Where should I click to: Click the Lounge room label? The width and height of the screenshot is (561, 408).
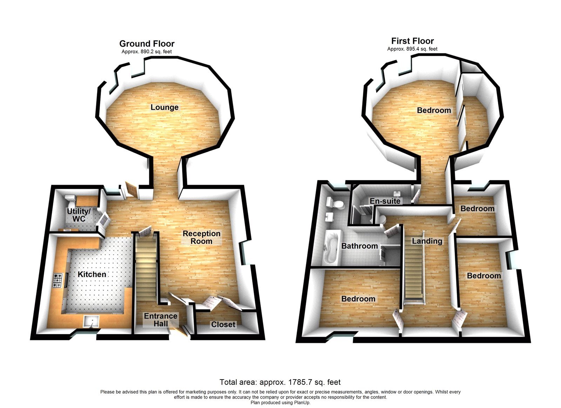pos(164,107)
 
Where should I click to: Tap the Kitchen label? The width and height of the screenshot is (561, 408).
pos(92,274)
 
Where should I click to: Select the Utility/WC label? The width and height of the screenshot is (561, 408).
pos(79,215)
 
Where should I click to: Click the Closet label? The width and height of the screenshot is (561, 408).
pos(223,324)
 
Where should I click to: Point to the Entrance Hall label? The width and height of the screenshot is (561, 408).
pos(161,320)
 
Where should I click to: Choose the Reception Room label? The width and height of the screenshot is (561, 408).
pos(202,238)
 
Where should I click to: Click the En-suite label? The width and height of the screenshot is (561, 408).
pos(385,201)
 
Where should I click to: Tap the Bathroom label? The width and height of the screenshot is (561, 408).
pos(360,246)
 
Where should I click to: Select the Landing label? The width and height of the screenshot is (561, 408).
pos(427,241)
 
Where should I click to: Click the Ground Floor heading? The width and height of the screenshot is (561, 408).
pos(147,44)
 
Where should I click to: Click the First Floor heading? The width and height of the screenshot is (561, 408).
pos(412,41)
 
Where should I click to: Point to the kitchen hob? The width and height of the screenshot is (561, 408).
pos(58,280)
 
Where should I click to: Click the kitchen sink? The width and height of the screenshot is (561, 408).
pos(92,321)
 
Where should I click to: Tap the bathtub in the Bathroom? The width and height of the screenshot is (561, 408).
pos(331,247)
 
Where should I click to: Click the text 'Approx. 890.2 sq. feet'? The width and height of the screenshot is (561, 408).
pos(147,52)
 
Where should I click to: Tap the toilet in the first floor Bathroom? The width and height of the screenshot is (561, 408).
pos(335,203)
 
